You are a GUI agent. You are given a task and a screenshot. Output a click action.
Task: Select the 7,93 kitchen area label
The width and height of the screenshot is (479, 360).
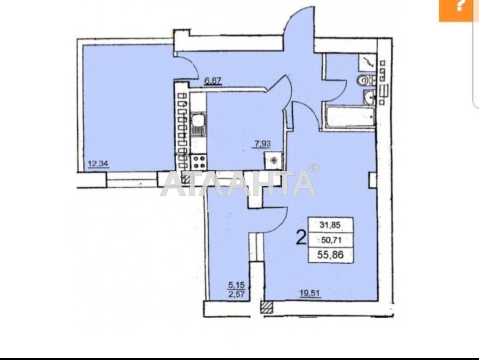tap(263, 144)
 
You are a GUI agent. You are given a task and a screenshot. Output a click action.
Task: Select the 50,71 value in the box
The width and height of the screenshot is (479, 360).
tap(331, 239)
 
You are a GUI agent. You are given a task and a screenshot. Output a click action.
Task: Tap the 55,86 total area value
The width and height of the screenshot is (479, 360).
tap(331, 255)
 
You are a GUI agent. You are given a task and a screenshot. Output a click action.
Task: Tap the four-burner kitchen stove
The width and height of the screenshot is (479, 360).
tap(198, 161)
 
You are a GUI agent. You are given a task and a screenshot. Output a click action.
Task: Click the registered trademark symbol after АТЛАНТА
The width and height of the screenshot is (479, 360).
tap(314, 168)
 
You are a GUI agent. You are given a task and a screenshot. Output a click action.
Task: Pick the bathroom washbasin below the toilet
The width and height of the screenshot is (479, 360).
tap(369, 97)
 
